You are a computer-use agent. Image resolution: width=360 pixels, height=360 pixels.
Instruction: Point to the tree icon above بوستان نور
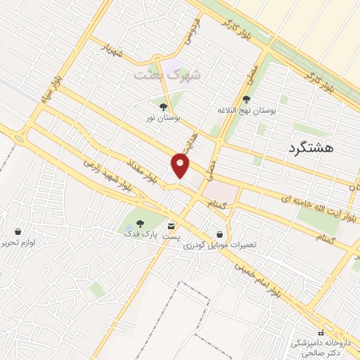(x=163, y=107)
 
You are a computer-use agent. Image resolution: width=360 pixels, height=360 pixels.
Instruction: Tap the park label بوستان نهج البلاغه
(x=245, y=110)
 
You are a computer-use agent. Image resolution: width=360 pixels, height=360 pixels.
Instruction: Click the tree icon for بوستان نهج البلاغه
(x=245, y=100)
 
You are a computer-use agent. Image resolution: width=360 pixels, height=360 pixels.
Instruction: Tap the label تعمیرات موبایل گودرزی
(x=221, y=245)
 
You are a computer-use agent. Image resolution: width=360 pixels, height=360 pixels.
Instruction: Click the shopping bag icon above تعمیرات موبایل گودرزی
(x=221, y=234)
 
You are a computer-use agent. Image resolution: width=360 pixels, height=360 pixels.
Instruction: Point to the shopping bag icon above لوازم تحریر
(x=18, y=231)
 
